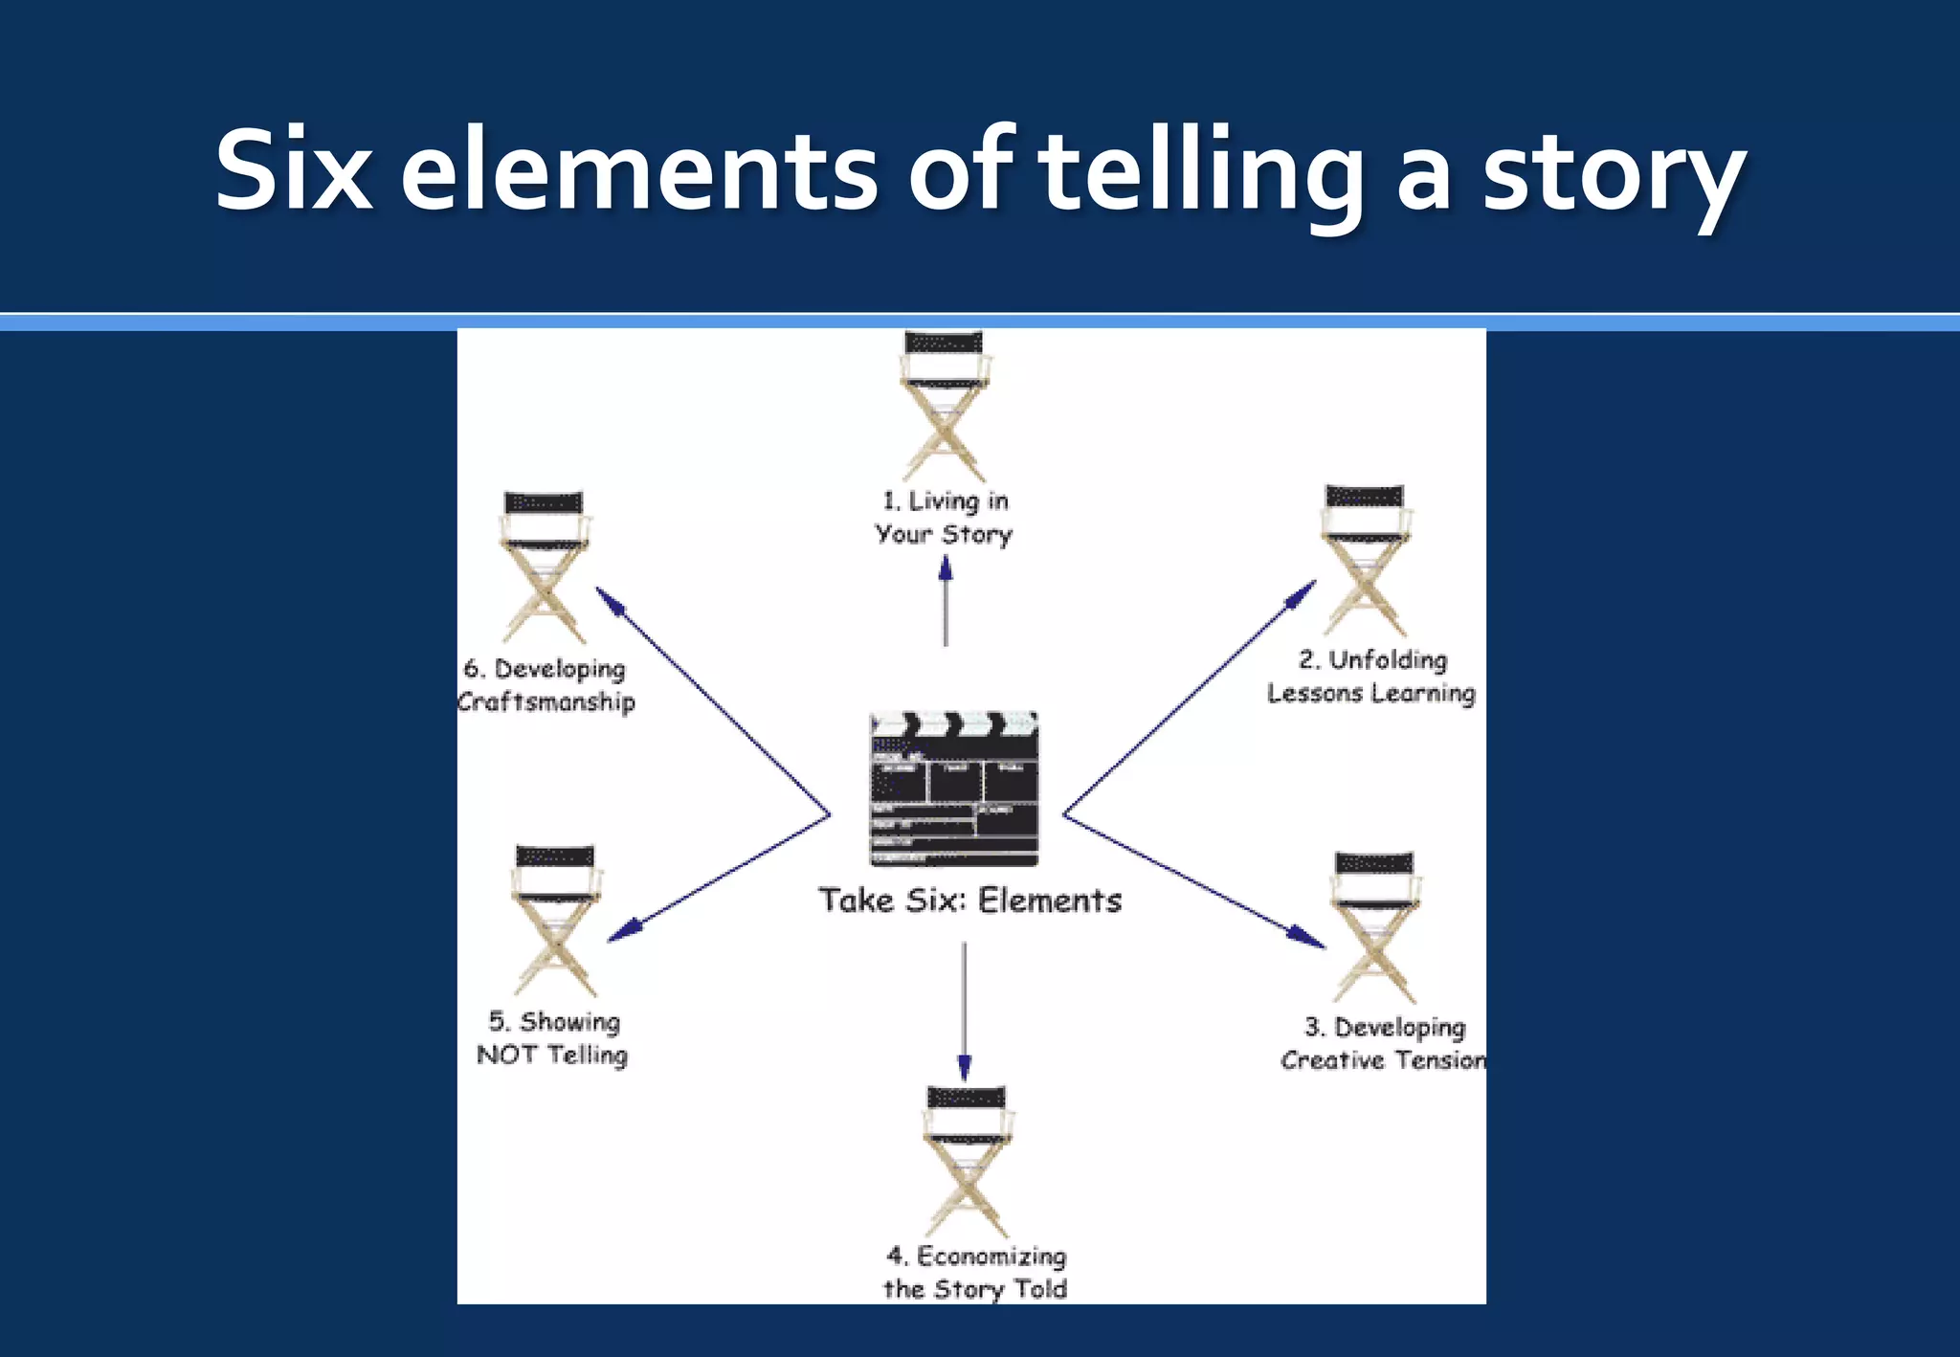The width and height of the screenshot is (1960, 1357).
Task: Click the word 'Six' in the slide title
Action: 293,172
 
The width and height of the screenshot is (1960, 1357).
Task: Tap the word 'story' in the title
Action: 1614,176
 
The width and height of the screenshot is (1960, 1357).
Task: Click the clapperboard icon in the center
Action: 953,789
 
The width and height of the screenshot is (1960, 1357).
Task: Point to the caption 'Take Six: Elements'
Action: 969,901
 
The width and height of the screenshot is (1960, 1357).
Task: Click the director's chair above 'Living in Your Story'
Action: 944,406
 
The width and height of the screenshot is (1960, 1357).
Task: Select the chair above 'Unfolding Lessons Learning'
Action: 1365,559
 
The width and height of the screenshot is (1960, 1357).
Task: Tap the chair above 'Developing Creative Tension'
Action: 1374,925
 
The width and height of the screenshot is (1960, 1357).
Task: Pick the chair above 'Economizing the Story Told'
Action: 967,1160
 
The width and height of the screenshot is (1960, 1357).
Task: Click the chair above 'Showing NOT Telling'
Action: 555,919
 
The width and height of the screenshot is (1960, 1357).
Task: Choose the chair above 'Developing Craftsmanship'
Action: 544,567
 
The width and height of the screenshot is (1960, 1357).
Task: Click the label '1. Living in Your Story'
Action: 944,518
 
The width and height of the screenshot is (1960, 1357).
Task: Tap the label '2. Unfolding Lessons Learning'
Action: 1371,677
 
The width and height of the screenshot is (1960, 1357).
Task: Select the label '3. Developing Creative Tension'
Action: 1384,1043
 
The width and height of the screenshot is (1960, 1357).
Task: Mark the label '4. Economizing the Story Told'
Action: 975,1272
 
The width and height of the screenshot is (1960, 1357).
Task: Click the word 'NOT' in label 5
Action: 506,1055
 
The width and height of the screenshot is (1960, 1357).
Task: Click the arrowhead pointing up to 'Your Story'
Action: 946,568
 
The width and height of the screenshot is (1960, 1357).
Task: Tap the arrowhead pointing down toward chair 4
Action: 964,1067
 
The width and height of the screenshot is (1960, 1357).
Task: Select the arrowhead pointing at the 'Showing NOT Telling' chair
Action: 625,930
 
